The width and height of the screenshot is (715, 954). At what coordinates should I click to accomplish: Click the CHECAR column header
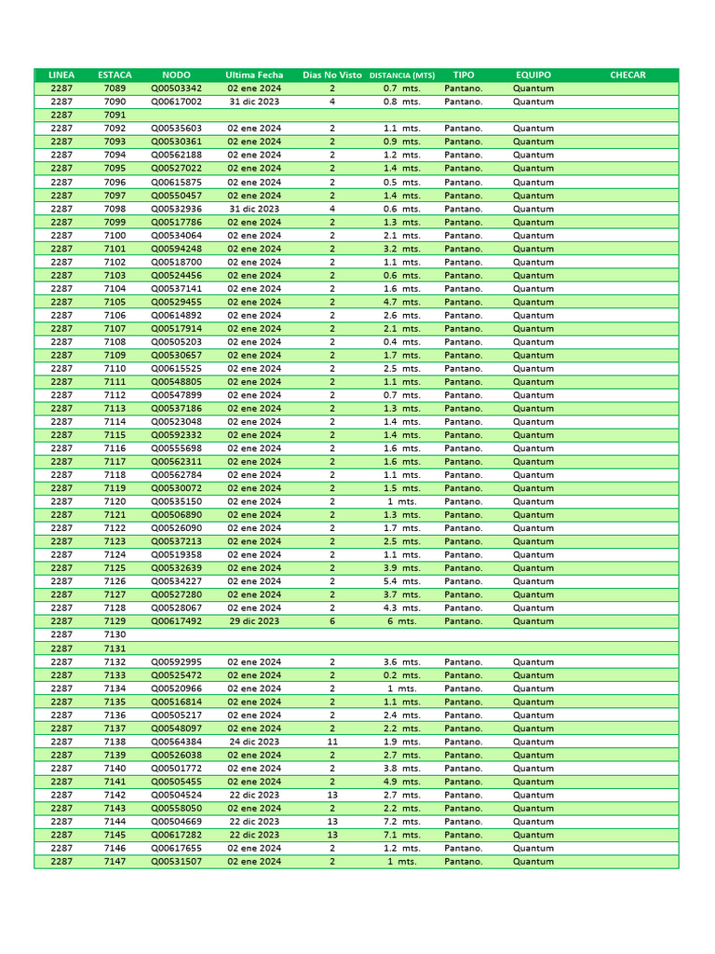click(x=627, y=75)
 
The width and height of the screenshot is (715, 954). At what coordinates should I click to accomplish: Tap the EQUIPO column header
click(x=533, y=75)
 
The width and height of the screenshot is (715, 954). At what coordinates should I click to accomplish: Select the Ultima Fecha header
click(x=254, y=75)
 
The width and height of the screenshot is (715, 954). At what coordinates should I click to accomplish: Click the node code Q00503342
click(x=176, y=89)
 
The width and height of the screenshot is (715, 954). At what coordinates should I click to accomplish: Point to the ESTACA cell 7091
click(x=115, y=116)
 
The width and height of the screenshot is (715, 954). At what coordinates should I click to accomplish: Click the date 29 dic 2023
click(x=254, y=621)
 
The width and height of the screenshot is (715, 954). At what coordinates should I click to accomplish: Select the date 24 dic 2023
click(x=254, y=742)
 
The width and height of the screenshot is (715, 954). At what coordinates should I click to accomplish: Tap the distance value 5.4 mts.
click(x=402, y=581)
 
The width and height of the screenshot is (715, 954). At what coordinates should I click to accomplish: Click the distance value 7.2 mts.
click(x=402, y=822)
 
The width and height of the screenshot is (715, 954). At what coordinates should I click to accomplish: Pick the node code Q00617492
click(x=176, y=621)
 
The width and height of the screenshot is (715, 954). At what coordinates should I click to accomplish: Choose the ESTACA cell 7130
click(x=115, y=634)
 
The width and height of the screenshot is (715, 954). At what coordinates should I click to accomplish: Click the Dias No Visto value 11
click(x=332, y=742)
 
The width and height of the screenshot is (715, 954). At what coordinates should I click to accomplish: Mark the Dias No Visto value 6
click(x=332, y=621)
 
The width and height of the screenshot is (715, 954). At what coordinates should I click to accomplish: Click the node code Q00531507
click(x=176, y=862)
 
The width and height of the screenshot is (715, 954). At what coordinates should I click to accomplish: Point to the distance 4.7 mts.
click(x=402, y=302)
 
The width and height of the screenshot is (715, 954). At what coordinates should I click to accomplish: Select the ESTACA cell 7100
click(x=115, y=236)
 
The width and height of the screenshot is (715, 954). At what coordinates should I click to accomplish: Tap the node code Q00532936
click(x=176, y=209)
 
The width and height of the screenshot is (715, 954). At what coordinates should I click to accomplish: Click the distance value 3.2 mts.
click(x=402, y=249)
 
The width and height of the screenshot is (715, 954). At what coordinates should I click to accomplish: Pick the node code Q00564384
click(x=176, y=742)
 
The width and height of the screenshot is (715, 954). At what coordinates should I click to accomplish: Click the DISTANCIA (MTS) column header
click(x=402, y=75)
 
